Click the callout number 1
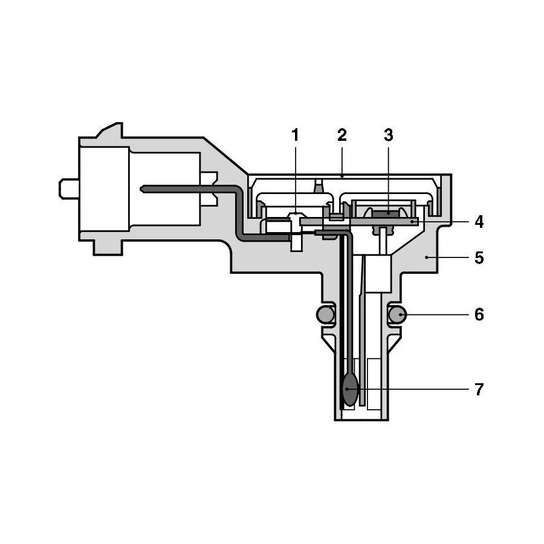click(295, 135)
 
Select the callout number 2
click(342, 135)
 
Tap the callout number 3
click(389, 135)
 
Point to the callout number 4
click(479, 222)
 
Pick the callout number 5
click(479, 257)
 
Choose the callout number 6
click(479, 315)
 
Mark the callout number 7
click(479, 389)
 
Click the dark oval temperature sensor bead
click(350, 390)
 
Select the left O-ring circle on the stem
click(325, 315)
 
